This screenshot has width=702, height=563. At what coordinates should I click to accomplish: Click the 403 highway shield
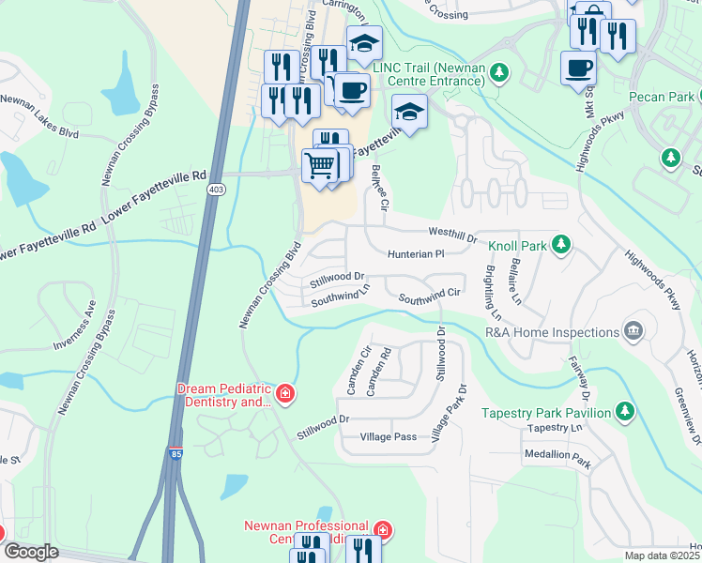[x=216, y=190]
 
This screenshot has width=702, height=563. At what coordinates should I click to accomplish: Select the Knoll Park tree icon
[x=560, y=245]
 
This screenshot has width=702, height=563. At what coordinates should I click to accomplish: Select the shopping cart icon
[x=320, y=165]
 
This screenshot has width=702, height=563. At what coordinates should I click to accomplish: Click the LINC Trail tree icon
[x=499, y=72]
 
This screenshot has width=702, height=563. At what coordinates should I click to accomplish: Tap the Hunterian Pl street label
[x=415, y=253]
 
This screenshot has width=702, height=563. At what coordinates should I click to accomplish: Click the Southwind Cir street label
[x=430, y=296]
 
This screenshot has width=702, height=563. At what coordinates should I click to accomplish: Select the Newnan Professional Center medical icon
[x=381, y=531]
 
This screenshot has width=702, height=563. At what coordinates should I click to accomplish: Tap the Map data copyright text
[x=663, y=555]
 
